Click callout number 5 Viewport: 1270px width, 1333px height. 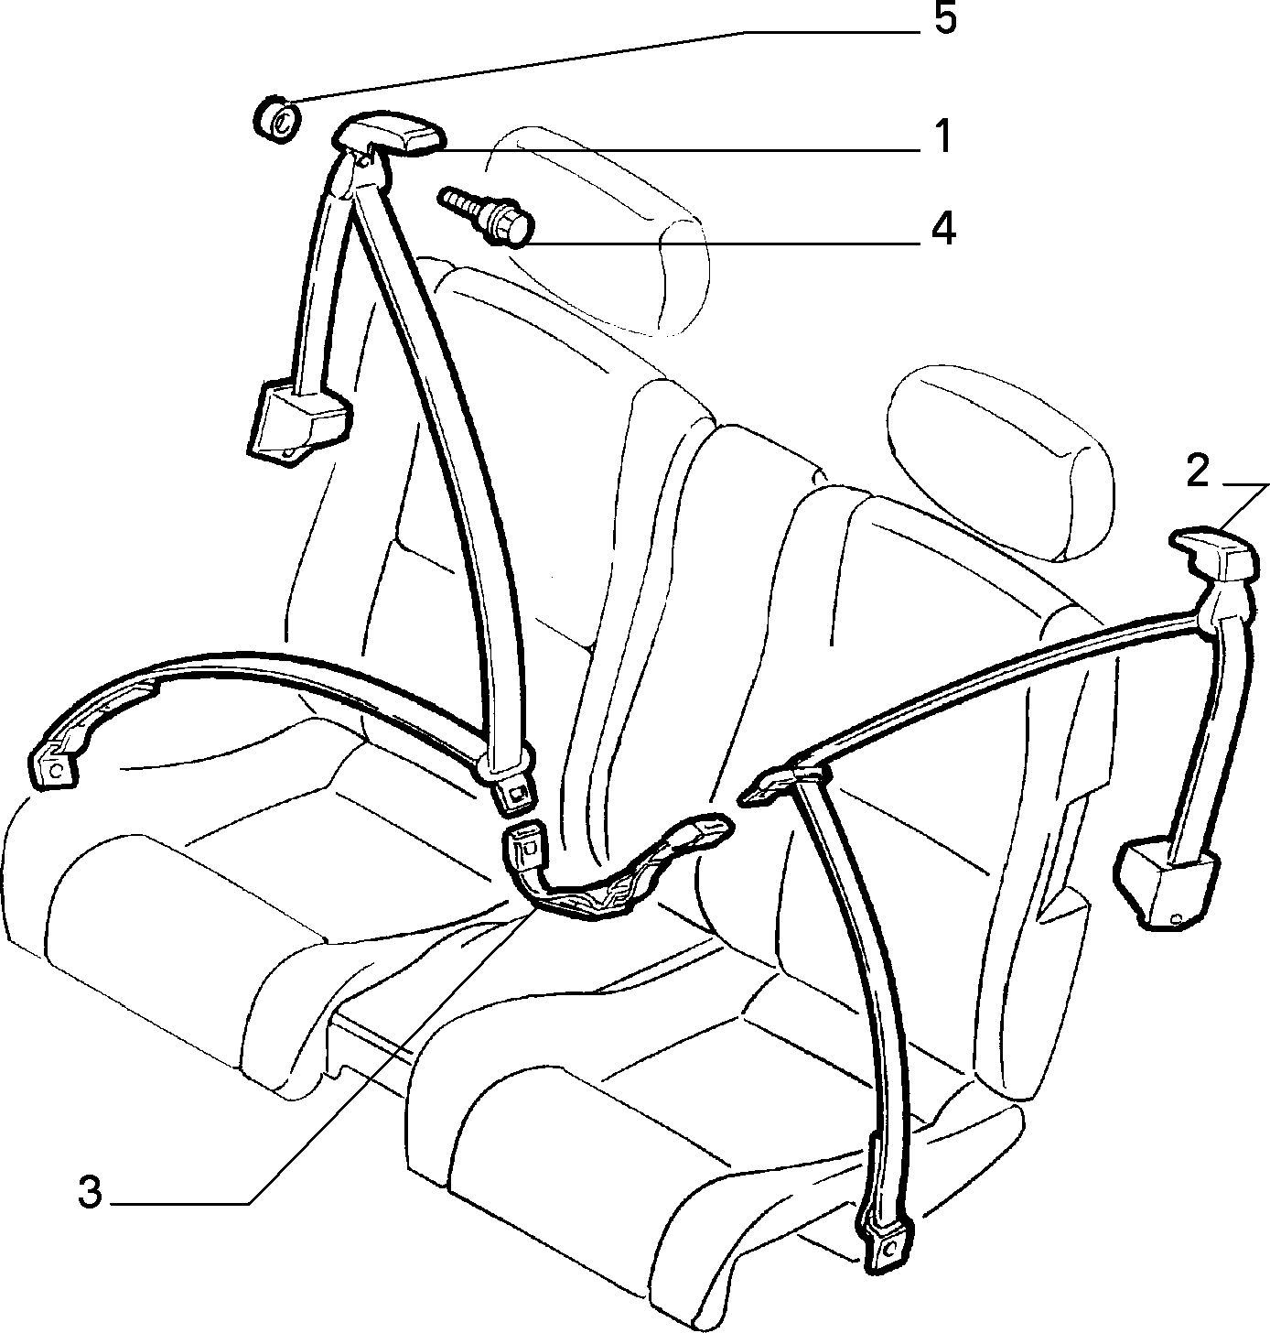(x=944, y=21)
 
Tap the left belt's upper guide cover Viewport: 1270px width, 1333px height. (x=389, y=136)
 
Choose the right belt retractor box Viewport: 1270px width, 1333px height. (x=1167, y=884)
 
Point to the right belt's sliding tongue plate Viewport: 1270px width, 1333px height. (x=780, y=786)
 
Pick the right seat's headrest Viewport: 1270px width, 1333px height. (x=1003, y=468)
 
